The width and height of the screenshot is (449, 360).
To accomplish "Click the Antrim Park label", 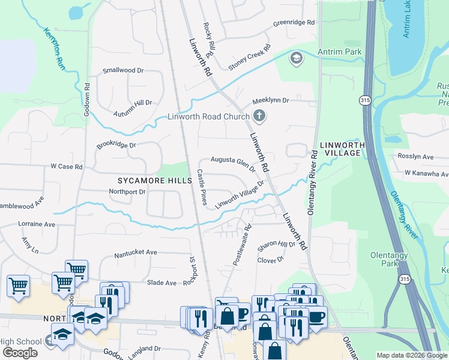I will [340, 52].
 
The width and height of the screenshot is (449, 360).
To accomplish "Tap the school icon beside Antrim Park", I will [295, 58].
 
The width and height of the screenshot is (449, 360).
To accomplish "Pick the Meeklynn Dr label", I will [270, 100].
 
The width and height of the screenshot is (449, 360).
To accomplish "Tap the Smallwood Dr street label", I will [123, 70].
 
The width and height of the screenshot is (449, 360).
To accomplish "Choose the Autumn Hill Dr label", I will [133, 107].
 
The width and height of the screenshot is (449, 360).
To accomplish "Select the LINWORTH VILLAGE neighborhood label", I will [340, 149].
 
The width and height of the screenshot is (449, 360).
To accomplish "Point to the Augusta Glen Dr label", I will [233, 163].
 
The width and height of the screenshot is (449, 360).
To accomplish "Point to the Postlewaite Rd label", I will [241, 246].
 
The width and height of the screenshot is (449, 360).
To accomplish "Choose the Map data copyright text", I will [412, 355].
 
